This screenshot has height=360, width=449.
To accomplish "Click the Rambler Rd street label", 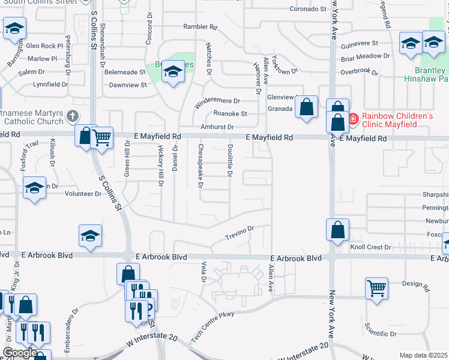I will [x=200, y=27].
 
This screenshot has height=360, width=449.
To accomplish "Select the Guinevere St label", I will [x=358, y=44].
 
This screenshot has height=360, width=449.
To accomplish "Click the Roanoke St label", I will [x=231, y=113].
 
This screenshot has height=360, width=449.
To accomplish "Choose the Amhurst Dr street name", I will [x=217, y=127].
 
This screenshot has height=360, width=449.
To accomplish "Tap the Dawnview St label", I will [x=128, y=85].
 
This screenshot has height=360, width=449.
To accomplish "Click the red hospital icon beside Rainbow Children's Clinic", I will [x=353, y=119].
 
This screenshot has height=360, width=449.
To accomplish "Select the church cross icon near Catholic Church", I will [x=73, y=116].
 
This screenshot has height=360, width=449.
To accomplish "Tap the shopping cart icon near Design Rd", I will [x=376, y=287].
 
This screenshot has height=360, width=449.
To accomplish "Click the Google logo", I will [x=20, y=353].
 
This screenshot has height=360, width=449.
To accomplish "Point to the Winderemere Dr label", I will [x=217, y=101].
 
